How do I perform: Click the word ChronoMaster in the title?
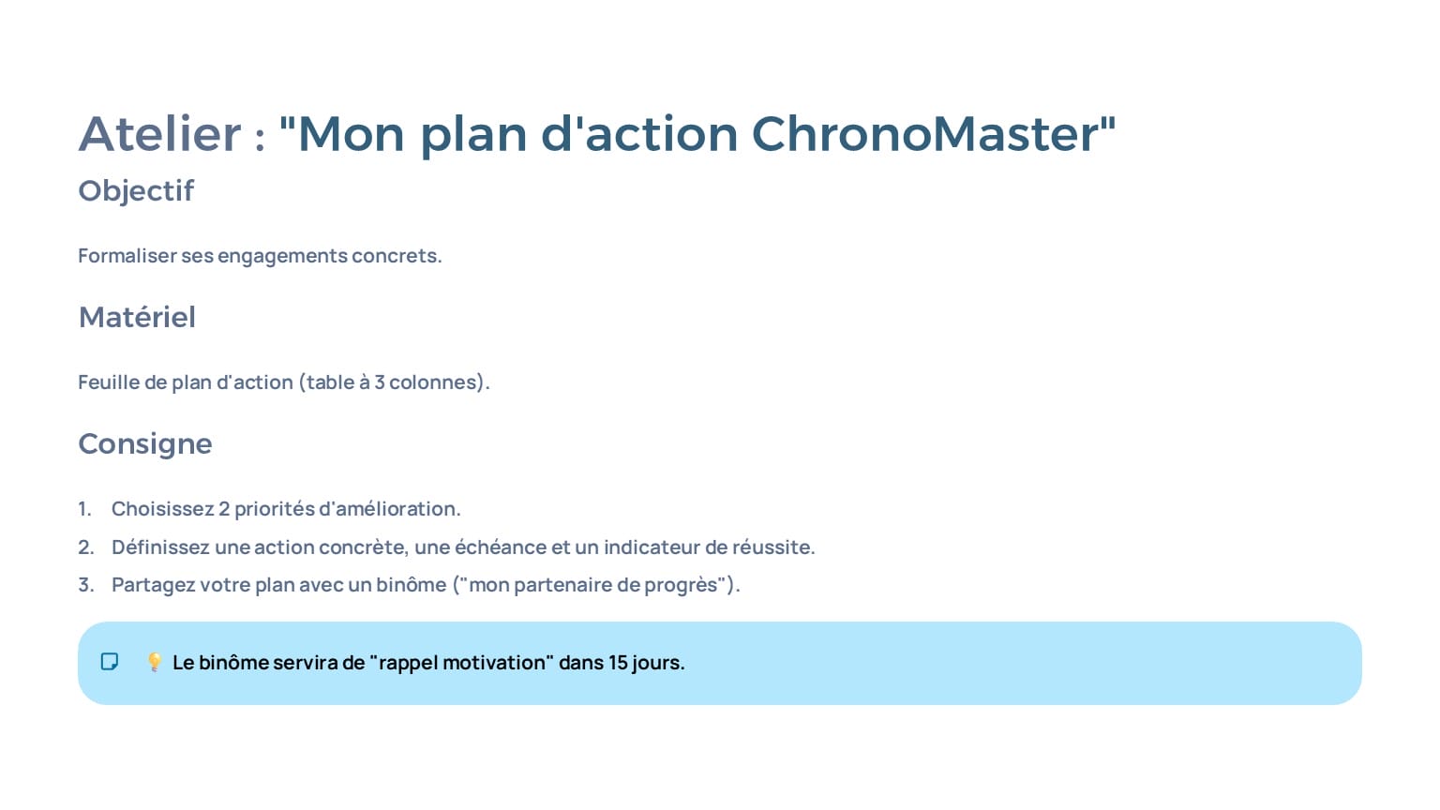coord(924,134)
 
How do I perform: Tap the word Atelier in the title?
coord(159,134)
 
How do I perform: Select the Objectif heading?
coord(136,191)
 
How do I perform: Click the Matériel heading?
coord(137,317)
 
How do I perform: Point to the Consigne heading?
coord(145,444)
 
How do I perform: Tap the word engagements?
coord(282,257)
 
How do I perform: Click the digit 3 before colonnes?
coord(380,382)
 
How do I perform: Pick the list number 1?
coord(84,509)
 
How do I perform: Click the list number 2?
coord(85,547)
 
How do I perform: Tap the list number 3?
coord(85,585)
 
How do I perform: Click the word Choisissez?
coord(162,509)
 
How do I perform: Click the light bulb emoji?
coord(155,662)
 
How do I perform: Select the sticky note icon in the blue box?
coord(110,662)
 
